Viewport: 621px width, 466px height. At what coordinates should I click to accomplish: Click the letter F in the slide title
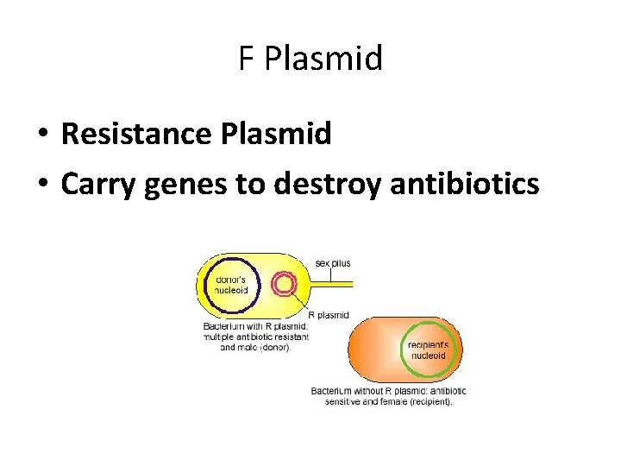point(247,60)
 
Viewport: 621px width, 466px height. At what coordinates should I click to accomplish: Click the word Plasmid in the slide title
point(323,60)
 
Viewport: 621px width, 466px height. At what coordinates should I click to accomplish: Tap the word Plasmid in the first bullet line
point(277,134)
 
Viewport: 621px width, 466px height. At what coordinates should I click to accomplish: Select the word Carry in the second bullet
point(99,185)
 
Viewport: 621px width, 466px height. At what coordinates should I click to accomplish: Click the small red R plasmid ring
point(284,284)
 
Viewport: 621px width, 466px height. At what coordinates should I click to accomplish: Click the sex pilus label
point(333,263)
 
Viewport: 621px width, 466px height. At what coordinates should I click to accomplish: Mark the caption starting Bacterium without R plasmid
point(387,391)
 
